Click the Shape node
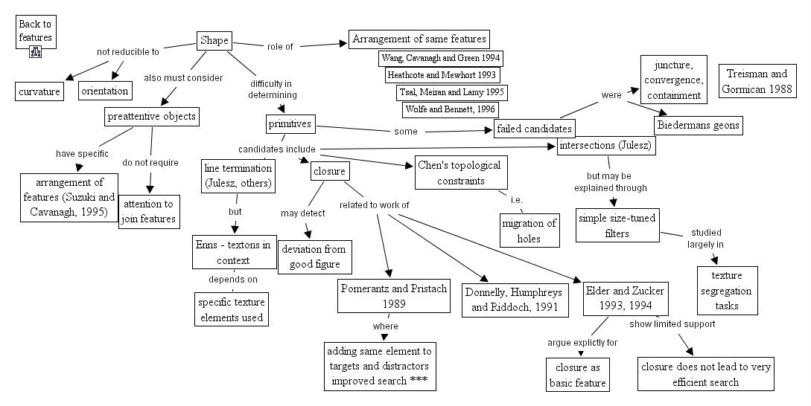[214, 41]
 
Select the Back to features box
[35, 30]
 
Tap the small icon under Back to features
[35, 52]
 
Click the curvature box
[42, 91]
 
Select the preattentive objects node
[152, 116]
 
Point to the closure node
[329, 172]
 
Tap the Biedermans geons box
[699, 125]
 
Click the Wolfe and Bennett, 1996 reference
[450, 109]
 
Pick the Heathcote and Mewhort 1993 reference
[442, 74]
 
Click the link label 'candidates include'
[276, 149]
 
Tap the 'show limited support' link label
[672, 323]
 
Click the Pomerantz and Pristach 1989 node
[394, 296]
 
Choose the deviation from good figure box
[314, 257]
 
